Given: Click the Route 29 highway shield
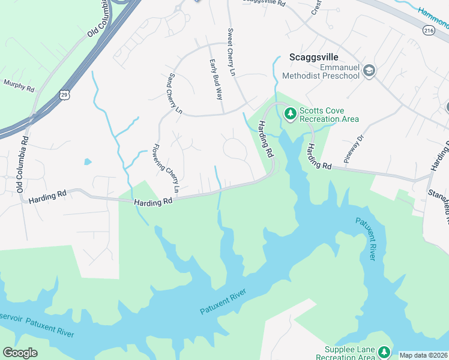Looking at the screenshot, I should (x=65, y=94).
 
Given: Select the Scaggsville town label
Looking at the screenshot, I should (x=314, y=57).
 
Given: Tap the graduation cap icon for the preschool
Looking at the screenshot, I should (x=370, y=71).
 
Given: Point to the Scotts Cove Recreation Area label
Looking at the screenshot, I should (x=329, y=115).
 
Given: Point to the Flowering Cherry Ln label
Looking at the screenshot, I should (x=165, y=169).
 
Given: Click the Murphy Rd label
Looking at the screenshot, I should (x=19, y=86).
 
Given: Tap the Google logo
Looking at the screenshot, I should (x=20, y=352).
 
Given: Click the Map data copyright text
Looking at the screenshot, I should (x=423, y=355).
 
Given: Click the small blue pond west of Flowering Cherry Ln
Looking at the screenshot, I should (x=88, y=161).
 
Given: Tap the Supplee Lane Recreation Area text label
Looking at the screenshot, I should (x=350, y=353).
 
